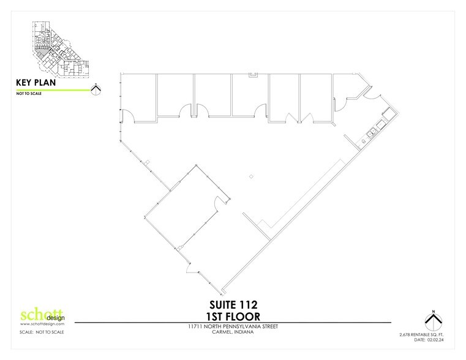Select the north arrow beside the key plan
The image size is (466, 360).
tap(95, 89)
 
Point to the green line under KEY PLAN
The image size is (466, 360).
tap(49, 91)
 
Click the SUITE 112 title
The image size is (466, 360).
tap(232, 304)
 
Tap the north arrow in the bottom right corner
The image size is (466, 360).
tap(433, 320)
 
